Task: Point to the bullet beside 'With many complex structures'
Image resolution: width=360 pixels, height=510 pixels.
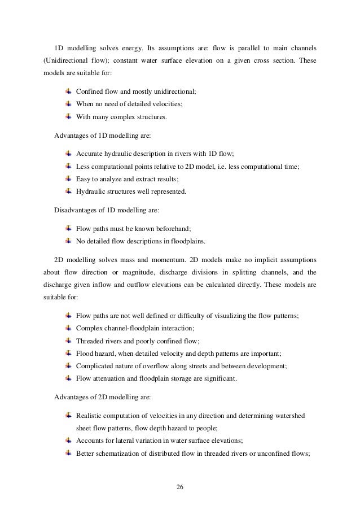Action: [x=68, y=117]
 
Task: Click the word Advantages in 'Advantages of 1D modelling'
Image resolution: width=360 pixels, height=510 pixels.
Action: [x=72, y=136]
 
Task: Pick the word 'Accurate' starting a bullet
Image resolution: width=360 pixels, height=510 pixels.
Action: [x=89, y=154]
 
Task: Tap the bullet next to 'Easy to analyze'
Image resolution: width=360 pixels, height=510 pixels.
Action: [x=68, y=178]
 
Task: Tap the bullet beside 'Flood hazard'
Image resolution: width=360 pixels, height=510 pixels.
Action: [x=68, y=354]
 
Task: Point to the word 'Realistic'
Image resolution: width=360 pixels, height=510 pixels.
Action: [x=90, y=416]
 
